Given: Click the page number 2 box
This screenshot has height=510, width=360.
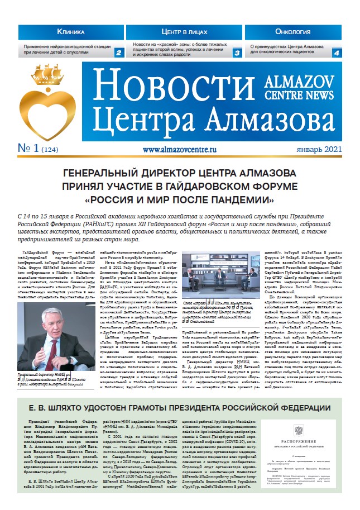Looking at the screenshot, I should coord(118,53).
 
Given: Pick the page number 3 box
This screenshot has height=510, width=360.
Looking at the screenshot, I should coord(237,53).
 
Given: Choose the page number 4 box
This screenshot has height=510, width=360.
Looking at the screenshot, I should coord(337,53).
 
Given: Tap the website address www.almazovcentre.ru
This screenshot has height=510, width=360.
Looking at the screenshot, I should coord(179,150).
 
